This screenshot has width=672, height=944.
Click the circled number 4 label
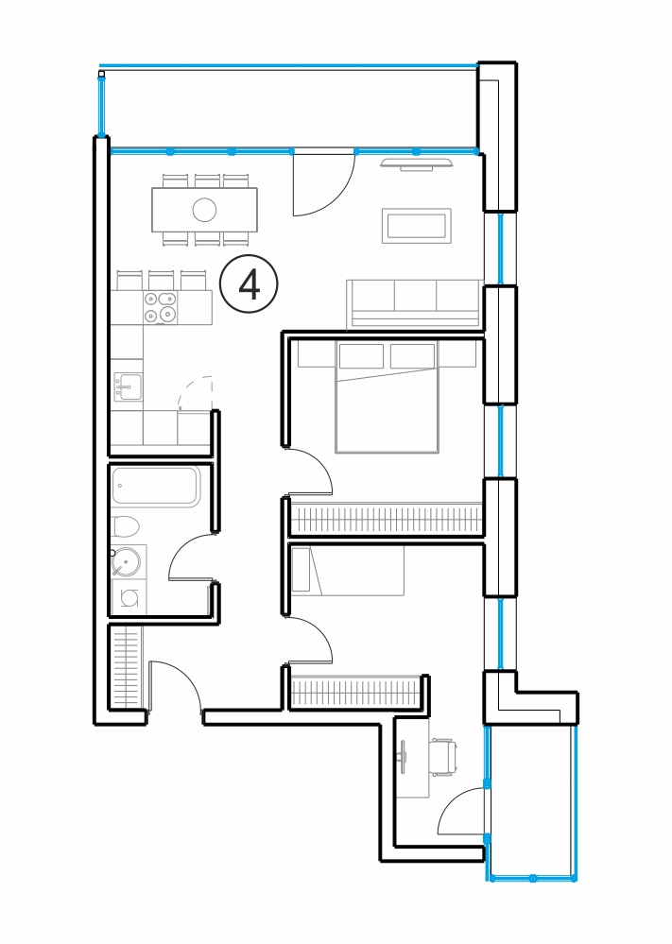click(249, 284)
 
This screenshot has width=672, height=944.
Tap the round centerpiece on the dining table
click(204, 210)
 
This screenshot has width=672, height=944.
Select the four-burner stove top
click(160, 307)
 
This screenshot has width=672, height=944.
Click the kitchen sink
click(129, 386)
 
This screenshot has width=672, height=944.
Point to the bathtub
click(155, 486)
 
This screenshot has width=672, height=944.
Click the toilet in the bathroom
click(125, 526)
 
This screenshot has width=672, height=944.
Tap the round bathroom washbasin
click(126, 562)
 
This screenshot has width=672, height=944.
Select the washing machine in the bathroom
click(129, 597)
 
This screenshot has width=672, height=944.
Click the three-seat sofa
click(415, 304)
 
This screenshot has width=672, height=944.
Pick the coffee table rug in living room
click(416, 226)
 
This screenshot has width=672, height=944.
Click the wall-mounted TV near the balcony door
click(416, 163)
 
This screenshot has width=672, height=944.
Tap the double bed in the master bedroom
click(387, 397)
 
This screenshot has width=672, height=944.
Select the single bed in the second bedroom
click(348, 571)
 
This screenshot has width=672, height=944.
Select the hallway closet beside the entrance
click(126, 666)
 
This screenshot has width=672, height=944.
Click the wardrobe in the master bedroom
click(386, 520)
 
